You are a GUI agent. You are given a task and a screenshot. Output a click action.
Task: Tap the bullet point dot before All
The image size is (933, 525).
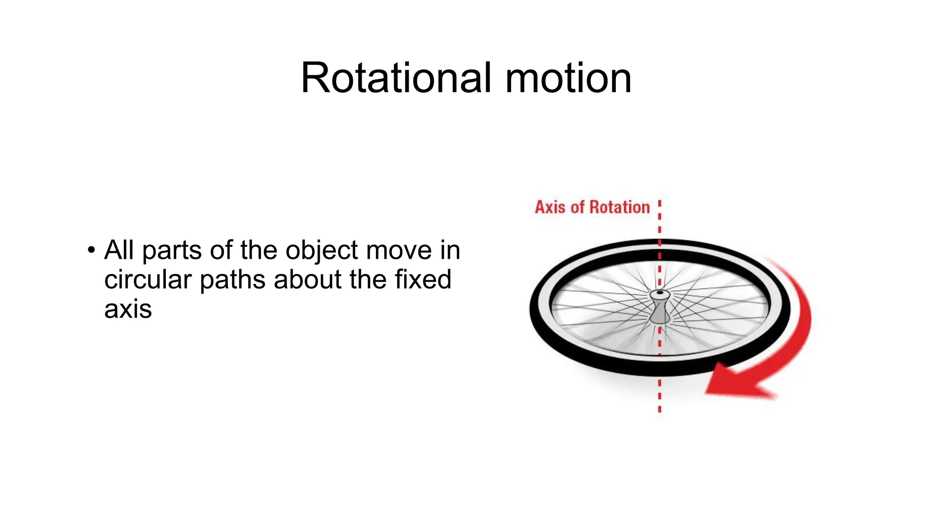(92, 250)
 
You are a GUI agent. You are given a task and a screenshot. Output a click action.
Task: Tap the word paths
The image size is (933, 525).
(232, 279)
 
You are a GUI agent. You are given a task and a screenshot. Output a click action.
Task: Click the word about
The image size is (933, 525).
(307, 279)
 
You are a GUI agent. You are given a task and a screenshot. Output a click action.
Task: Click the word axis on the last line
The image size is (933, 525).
(128, 309)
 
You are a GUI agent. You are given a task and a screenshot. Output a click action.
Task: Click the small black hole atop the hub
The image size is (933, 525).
(660, 293)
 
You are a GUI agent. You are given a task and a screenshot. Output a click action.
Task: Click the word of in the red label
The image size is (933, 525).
(577, 207)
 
